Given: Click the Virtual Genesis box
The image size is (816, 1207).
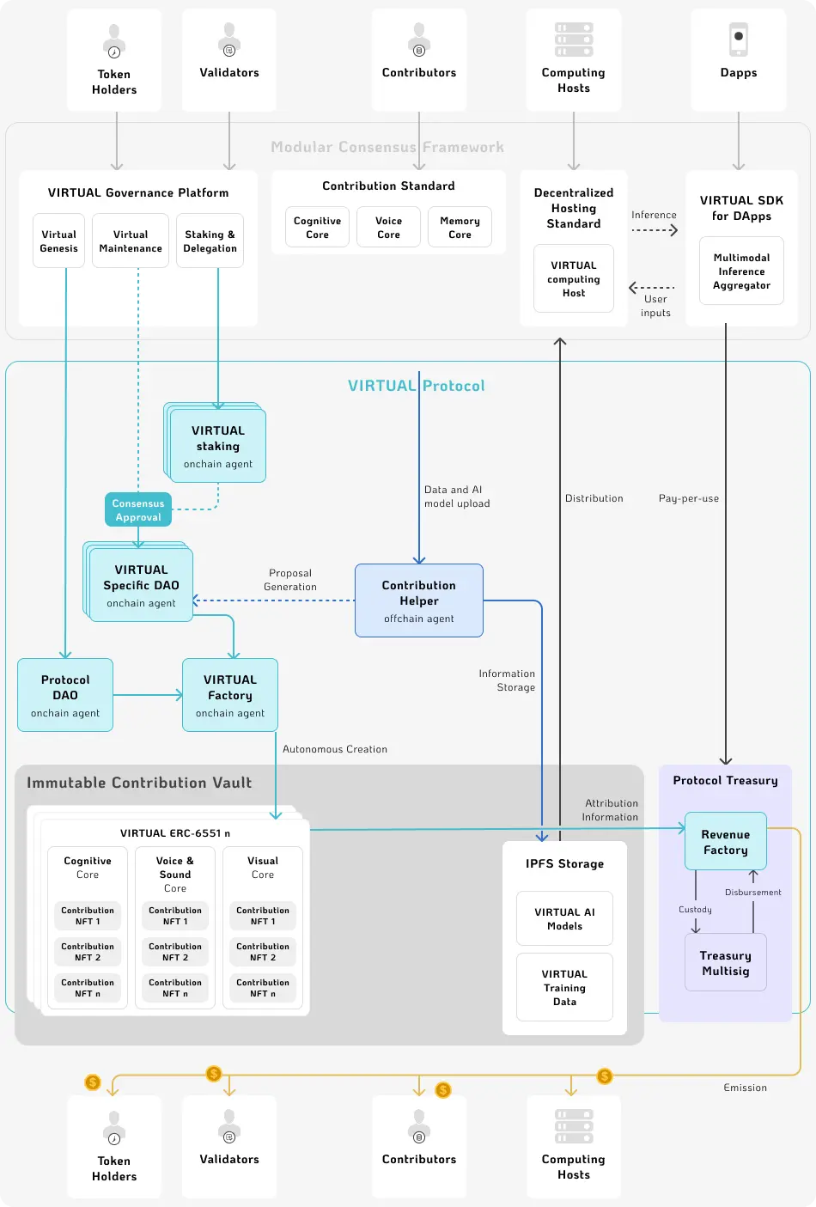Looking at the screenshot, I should (58, 241).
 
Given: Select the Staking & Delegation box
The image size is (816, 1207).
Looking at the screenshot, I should (210, 241).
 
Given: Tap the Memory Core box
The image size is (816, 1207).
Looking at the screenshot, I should (460, 228).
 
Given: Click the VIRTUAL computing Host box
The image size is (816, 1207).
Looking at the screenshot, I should (574, 279).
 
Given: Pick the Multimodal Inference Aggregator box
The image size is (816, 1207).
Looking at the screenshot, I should (741, 271).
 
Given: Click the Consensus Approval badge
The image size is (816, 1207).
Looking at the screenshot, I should (138, 510).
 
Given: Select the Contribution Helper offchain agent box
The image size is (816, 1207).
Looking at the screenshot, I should (419, 600).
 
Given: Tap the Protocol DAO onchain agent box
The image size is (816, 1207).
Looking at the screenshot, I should (65, 695).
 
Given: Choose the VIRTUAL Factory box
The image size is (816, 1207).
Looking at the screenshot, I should (230, 695).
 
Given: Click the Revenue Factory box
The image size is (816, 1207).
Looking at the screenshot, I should (726, 842).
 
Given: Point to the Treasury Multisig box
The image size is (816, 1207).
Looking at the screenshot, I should (726, 963).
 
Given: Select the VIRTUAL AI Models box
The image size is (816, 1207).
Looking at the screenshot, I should (564, 919).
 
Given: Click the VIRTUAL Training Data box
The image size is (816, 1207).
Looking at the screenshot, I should (564, 988).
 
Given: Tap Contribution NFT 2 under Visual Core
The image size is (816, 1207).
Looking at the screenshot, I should (263, 952).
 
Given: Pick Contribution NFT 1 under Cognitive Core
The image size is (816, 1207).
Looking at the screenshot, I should (88, 916).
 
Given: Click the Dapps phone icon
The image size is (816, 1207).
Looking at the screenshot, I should (739, 40).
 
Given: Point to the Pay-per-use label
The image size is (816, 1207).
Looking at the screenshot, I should (689, 498).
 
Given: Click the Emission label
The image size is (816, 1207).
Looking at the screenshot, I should (745, 1088).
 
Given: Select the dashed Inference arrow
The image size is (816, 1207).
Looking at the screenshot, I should (655, 230).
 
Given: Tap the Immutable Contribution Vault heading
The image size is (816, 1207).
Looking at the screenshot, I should (139, 783).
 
